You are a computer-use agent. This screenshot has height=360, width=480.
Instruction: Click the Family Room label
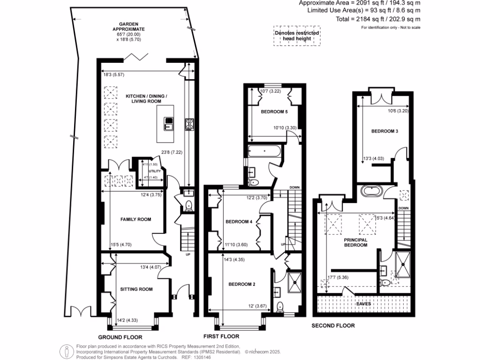tap(135, 219)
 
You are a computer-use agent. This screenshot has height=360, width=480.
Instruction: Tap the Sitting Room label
tap(136, 289)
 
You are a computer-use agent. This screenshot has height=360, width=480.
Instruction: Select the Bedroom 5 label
tap(274, 112)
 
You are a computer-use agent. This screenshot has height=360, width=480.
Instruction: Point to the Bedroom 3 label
tap(384, 131)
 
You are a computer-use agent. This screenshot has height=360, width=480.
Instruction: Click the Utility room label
tap(155, 171)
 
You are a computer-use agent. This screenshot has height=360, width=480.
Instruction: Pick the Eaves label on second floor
tap(364, 304)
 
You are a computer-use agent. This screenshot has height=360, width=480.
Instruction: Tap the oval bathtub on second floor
tap(372, 192)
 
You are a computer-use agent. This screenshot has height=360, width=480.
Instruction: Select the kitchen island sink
tap(168, 124)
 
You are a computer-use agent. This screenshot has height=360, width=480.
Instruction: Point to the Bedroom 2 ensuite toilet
tap(280, 307)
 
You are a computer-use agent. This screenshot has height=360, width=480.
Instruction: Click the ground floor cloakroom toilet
tap(188, 205)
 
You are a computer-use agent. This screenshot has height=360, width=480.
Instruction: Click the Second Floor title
tap(333, 325)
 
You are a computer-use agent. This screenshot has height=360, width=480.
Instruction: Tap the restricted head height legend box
tap(297, 36)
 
